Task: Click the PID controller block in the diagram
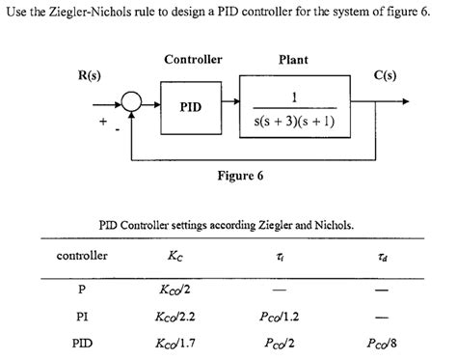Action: [190, 106]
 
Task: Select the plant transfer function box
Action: [293, 107]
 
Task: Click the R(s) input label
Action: [93, 75]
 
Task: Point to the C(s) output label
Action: [397, 75]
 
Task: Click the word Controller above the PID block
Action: [193, 60]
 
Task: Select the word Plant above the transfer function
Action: [293, 60]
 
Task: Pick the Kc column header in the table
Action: [179, 257]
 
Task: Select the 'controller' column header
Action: [82, 256]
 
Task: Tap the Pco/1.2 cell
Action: [292, 315]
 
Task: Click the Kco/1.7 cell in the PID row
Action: [180, 340]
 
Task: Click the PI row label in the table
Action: [83, 315]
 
